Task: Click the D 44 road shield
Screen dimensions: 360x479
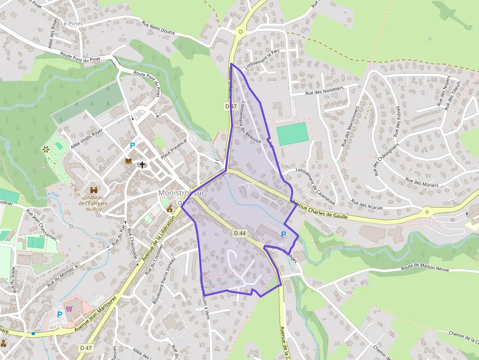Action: click(x=239, y=233)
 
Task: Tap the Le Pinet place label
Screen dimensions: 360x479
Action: click(x=71, y=23)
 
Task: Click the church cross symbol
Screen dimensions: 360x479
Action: click(x=142, y=165)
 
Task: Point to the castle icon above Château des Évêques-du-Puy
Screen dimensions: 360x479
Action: click(x=94, y=190)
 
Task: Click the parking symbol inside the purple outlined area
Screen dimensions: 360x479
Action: click(x=283, y=234)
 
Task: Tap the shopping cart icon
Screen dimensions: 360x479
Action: click(x=69, y=309)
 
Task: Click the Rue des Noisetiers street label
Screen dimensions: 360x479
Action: click(x=325, y=91)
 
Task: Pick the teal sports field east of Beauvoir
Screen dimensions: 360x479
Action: click(x=292, y=133)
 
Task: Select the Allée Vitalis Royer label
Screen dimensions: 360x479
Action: click(x=87, y=139)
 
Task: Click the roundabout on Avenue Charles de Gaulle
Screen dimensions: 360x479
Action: click(x=427, y=212)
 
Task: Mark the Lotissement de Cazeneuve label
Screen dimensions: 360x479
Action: click(x=310, y=183)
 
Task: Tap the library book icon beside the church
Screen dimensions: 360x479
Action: click(x=129, y=161)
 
